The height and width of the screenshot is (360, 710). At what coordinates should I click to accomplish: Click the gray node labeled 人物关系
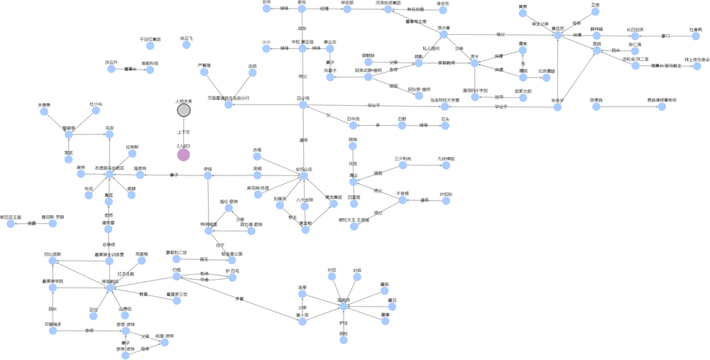pos(183,109)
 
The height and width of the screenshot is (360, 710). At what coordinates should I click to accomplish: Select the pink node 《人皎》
pos(183,154)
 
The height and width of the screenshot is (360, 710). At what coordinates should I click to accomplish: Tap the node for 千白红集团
pos(150,45)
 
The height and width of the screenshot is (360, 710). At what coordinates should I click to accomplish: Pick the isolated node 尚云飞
pos(186,45)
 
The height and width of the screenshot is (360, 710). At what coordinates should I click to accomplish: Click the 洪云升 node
pos(112,69)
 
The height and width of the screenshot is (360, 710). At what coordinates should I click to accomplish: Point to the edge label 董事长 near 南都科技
pos(130,69)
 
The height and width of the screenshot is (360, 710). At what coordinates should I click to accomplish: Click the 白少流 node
pos(303,105)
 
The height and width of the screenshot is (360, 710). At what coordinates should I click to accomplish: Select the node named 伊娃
pos(208,175)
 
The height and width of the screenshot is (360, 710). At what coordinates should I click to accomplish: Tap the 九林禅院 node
pos(445,165)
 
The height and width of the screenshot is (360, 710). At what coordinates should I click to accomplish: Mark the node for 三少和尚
pos(403,165)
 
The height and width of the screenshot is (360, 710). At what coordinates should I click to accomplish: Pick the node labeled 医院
pos(596,50)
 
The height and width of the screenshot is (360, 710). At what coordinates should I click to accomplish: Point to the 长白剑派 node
pos(635,36)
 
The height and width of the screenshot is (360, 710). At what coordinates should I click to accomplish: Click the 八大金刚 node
pos(305,207)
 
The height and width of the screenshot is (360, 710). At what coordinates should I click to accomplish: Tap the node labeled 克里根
pos(141,260)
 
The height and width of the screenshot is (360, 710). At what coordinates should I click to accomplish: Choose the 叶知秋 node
pos(446,200)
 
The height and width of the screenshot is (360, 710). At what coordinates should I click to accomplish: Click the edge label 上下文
pos(183,132)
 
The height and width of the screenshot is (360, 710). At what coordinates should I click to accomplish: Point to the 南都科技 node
pos(150,70)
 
